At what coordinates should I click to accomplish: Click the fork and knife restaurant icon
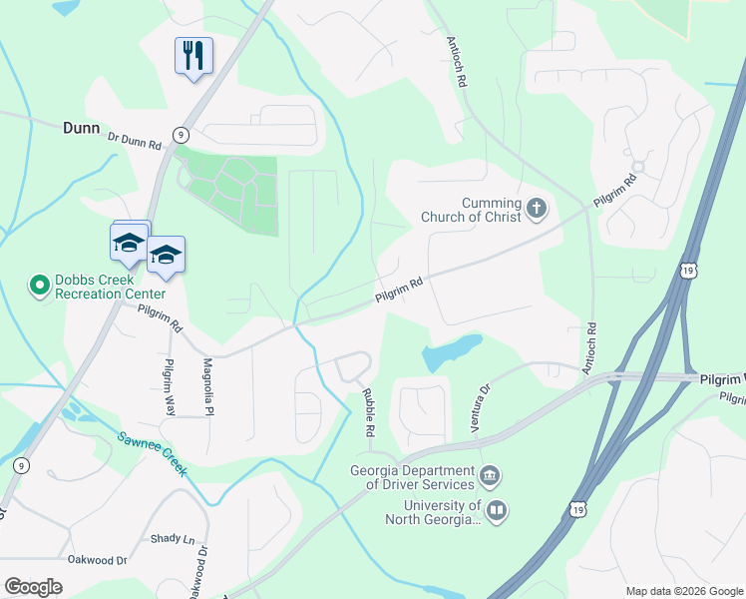pos(193,56)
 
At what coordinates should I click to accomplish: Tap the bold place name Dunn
pos(82,128)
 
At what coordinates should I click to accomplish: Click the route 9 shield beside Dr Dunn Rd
pos(181,134)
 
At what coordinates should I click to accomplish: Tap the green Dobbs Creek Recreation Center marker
pos(40,287)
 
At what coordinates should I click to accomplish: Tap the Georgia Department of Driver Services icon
pos(489,472)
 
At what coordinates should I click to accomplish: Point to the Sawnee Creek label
pos(152,452)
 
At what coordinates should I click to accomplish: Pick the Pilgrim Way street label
pos(170,387)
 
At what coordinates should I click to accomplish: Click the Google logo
pos(33,587)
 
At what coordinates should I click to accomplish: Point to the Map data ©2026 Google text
pos(683,591)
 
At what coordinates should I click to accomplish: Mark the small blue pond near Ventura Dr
pos(451,351)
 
